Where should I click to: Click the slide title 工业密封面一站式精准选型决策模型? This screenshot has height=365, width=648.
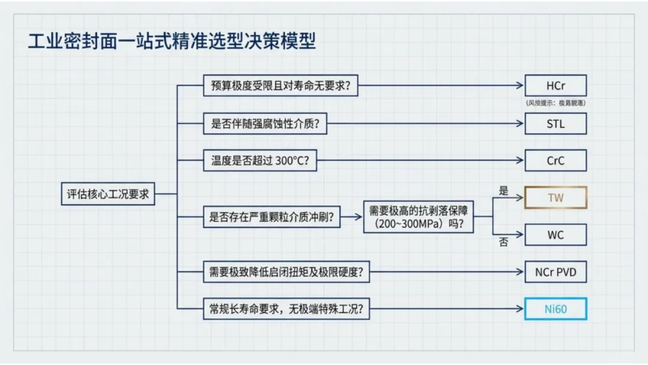[172, 41]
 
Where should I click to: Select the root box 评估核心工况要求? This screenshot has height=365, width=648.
[108, 194]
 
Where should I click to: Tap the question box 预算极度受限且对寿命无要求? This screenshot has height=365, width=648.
[281, 86]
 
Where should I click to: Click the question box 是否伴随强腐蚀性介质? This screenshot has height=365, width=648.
[265, 124]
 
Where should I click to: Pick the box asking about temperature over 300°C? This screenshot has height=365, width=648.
[260, 160]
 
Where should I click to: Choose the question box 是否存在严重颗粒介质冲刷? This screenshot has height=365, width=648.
[272, 217]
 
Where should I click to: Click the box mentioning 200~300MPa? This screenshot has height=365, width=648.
[418, 217]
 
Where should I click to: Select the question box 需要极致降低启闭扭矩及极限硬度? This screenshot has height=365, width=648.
[286, 272]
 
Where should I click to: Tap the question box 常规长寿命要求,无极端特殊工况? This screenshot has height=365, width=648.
[286, 309]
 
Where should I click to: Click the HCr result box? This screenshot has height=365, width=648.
[556, 86]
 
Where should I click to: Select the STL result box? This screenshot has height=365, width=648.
[556, 124]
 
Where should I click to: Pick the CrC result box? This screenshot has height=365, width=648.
[556, 160]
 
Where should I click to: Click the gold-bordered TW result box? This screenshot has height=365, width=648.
[556, 198]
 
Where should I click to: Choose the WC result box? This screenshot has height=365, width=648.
[556, 235]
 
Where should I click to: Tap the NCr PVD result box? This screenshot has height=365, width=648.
[556, 272]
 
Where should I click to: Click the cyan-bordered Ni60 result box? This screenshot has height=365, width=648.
[556, 309]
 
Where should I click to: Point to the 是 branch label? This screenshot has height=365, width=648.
[503, 190]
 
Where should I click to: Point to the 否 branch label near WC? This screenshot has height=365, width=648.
[503, 242]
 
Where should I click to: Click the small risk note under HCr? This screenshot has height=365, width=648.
[556, 103]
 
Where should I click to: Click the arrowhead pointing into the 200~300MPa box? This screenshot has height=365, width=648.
[358, 217]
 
